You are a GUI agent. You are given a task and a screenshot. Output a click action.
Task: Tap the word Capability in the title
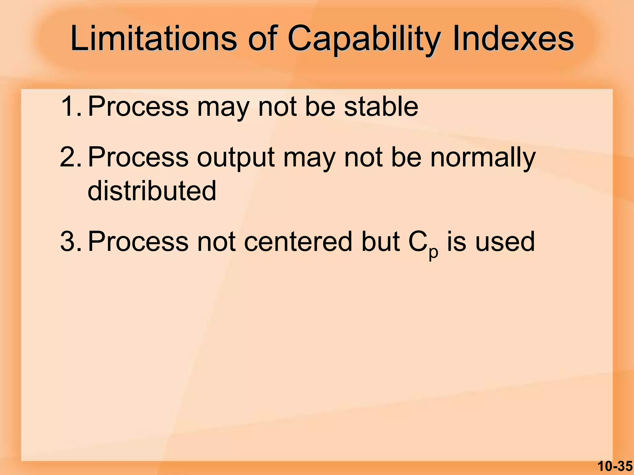coord(364,40)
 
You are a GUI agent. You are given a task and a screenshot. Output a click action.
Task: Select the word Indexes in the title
coord(513,39)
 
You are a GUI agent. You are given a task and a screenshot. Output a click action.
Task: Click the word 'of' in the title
coord(262,39)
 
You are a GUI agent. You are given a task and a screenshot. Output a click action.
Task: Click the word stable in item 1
coord(381,106)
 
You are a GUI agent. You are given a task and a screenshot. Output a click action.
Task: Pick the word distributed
coord(152,190)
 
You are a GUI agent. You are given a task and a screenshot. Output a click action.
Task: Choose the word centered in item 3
coord(298,242)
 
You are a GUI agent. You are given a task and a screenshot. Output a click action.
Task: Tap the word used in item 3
coord(505,242)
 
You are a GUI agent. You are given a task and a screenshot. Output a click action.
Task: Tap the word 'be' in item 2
coord(406,157)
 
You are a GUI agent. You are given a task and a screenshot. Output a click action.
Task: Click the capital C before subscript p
coord(418,242)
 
